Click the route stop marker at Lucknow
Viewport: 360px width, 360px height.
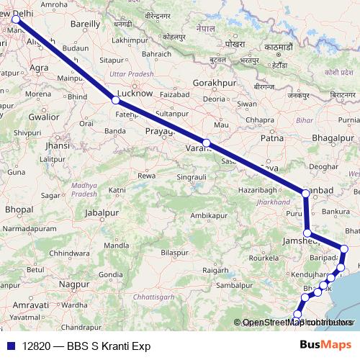115,100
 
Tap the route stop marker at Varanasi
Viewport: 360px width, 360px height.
207,143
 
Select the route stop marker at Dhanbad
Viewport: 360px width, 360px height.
306,192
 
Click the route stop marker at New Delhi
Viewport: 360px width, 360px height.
16,20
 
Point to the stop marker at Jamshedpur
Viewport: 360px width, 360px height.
307,233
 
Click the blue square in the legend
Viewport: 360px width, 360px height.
11,346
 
